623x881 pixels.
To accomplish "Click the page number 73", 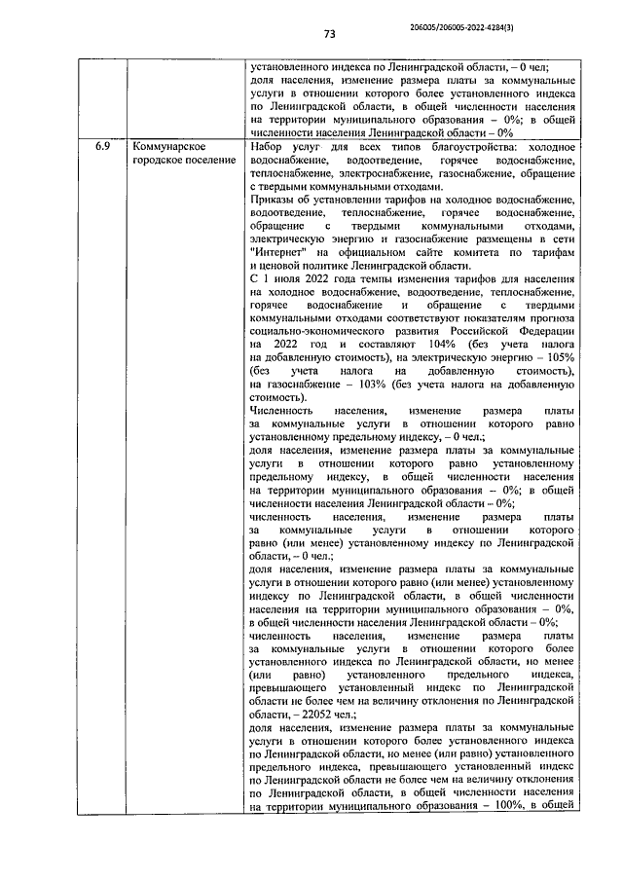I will point(329,34).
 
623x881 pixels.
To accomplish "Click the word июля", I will point(286,278).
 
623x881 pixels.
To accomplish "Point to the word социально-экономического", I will point(317,331).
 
